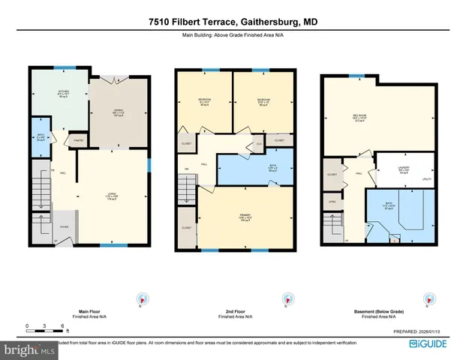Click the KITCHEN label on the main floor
coord(64,94)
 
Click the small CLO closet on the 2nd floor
coord(259,143)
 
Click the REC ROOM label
coord(359,116)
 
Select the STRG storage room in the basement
coord(332,202)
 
